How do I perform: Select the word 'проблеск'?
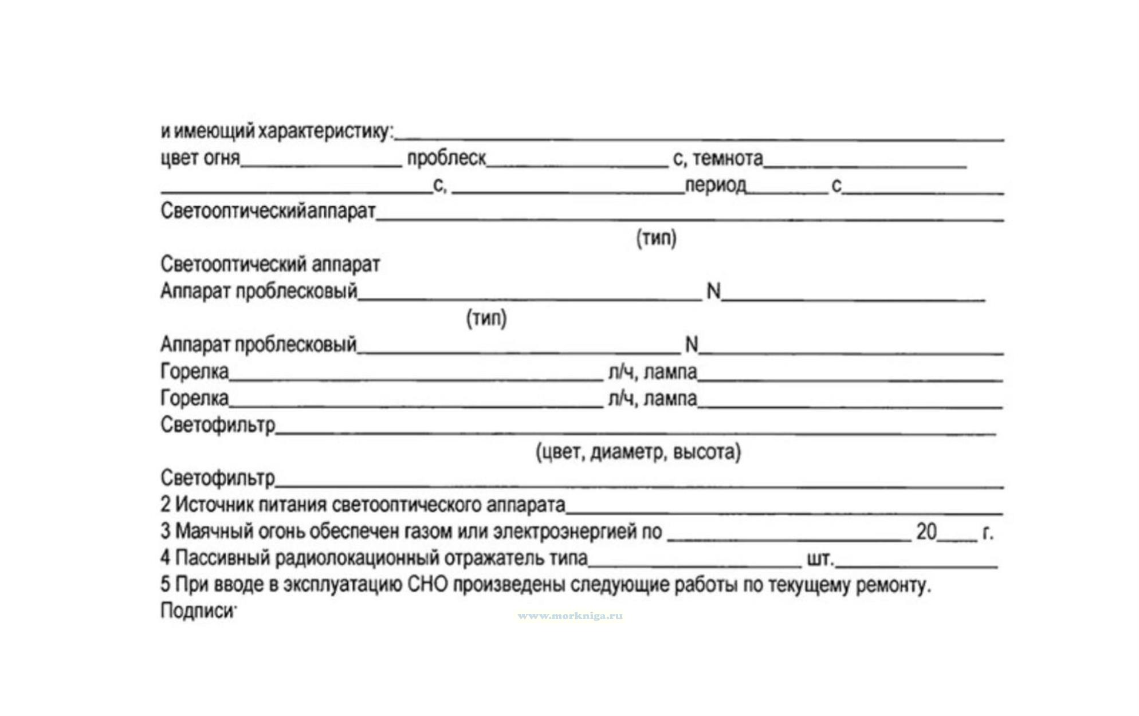[x=446, y=158]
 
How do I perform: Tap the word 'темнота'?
[x=728, y=158]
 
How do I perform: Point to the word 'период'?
[x=715, y=185]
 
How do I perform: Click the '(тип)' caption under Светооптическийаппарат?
[x=656, y=238]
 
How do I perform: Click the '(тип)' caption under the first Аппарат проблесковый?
[x=486, y=318]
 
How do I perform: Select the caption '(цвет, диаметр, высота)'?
[x=638, y=452]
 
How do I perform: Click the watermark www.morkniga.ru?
[x=569, y=616]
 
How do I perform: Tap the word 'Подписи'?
[x=197, y=611]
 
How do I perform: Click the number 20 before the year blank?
[x=926, y=532]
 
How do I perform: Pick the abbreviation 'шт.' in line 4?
[x=820, y=558]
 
